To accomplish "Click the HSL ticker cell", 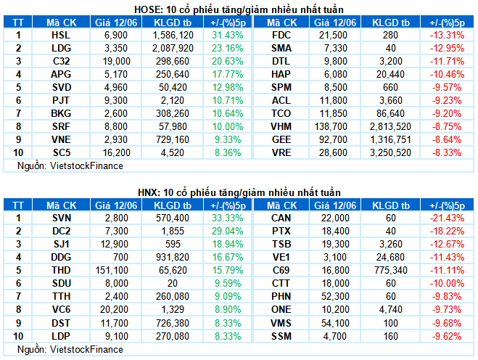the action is pyautogui.click(x=61, y=35).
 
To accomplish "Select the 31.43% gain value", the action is pyautogui.click(x=228, y=35).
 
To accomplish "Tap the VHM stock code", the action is pyautogui.click(x=281, y=126).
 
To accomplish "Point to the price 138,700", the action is pyautogui.click(x=331, y=126).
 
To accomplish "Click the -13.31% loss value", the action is pyautogui.click(x=448, y=35).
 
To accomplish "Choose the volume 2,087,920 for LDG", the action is pyautogui.click(x=173, y=48).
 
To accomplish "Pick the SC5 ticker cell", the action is pyautogui.click(x=61, y=152).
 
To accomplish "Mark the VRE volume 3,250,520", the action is pyautogui.click(x=390, y=152).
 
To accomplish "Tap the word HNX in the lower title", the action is pyautogui.click(x=148, y=192).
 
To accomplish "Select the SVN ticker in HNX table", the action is pyautogui.click(x=62, y=218).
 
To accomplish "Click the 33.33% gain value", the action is pyautogui.click(x=228, y=218).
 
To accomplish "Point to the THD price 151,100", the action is pyautogui.click(x=113, y=270).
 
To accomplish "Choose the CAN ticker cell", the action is pyautogui.click(x=281, y=218).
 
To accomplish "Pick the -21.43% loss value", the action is pyautogui.click(x=448, y=218).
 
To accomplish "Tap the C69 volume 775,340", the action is pyautogui.click(x=390, y=270).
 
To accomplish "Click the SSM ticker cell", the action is pyautogui.click(x=281, y=336).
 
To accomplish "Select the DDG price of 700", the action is pyautogui.click(x=120, y=257).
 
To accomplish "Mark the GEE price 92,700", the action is pyautogui.click(x=333, y=140).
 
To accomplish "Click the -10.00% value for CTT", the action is pyautogui.click(x=448, y=283).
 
